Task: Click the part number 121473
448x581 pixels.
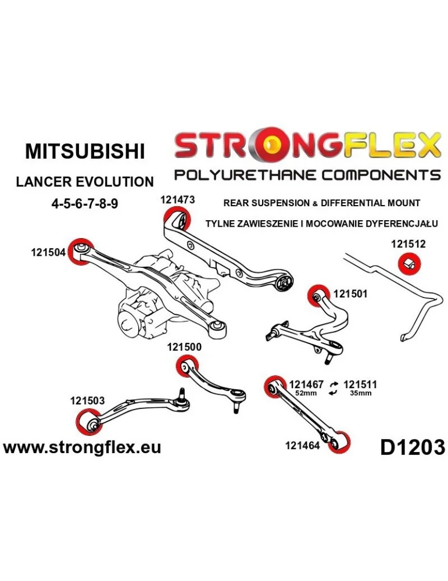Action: click(x=177, y=199)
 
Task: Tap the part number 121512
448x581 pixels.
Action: click(x=408, y=245)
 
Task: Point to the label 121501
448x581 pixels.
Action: click(x=350, y=294)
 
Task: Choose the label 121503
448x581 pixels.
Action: click(x=87, y=400)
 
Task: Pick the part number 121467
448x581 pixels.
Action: click(x=306, y=385)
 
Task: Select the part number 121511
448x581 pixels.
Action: click(x=360, y=385)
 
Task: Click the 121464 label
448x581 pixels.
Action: click(x=302, y=446)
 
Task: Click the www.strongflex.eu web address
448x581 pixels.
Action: click(x=82, y=447)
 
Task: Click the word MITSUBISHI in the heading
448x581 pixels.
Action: click(x=85, y=152)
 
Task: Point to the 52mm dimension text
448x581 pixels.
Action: click(x=306, y=394)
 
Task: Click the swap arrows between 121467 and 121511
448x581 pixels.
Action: click(x=334, y=388)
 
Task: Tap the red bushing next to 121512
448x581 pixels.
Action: click(x=408, y=264)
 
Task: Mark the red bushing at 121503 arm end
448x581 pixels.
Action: click(x=88, y=422)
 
